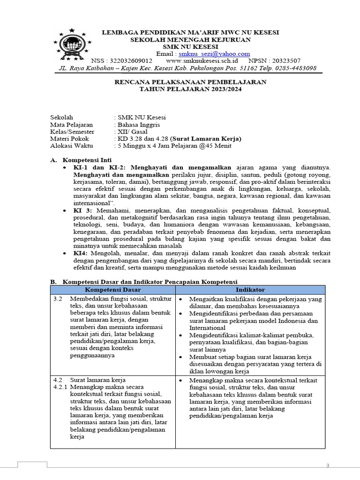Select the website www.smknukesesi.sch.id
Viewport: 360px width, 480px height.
click(202, 61)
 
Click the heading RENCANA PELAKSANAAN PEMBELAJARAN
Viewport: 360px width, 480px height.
click(191, 82)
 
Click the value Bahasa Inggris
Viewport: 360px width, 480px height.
click(139, 125)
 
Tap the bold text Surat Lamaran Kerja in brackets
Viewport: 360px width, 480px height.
click(207, 139)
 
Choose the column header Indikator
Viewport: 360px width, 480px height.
click(250, 290)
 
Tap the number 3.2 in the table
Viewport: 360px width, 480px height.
click(58, 299)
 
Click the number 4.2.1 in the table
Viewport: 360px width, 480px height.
click(60, 387)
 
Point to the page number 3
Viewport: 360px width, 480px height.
click(328, 465)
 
